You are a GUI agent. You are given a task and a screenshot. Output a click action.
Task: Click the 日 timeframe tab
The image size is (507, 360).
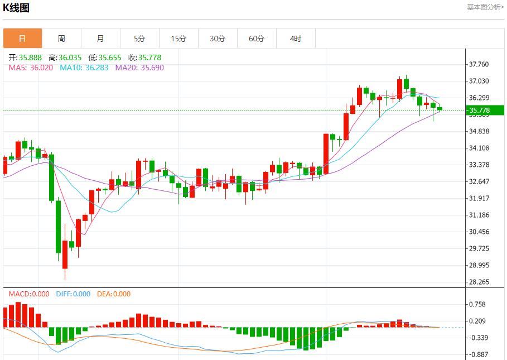click(x=22, y=39)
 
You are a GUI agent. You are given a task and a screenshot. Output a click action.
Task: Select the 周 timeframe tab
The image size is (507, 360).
click(x=61, y=39)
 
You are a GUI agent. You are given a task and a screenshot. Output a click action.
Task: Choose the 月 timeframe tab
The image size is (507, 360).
click(x=100, y=39)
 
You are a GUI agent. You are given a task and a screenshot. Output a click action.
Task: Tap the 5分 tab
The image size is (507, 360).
click(x=139, y=39)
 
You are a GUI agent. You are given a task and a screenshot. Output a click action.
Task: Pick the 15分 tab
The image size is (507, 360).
click(x=178, y=39)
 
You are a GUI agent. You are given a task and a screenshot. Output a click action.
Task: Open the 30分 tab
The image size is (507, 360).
click(x=218, y=39)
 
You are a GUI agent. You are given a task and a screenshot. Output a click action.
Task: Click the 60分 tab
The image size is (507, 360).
click(x=257, y=39)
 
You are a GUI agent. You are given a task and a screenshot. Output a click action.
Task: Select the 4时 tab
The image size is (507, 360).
click(x=296, y=39)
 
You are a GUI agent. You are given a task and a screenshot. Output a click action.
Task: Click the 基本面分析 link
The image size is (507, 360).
click(x=485, y=7)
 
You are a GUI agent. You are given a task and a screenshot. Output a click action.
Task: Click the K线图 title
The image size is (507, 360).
click(x=16, y=8)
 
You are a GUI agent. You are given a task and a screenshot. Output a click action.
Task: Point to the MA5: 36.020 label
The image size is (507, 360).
click(x=31, y=68)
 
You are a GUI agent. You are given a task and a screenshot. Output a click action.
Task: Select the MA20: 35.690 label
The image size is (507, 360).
click(x=139, y=68)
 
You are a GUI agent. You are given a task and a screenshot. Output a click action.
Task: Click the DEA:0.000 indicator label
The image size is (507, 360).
click(x=114, y=294)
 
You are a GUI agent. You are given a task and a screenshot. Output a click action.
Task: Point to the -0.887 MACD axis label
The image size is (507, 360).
click(x=479, y=354)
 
